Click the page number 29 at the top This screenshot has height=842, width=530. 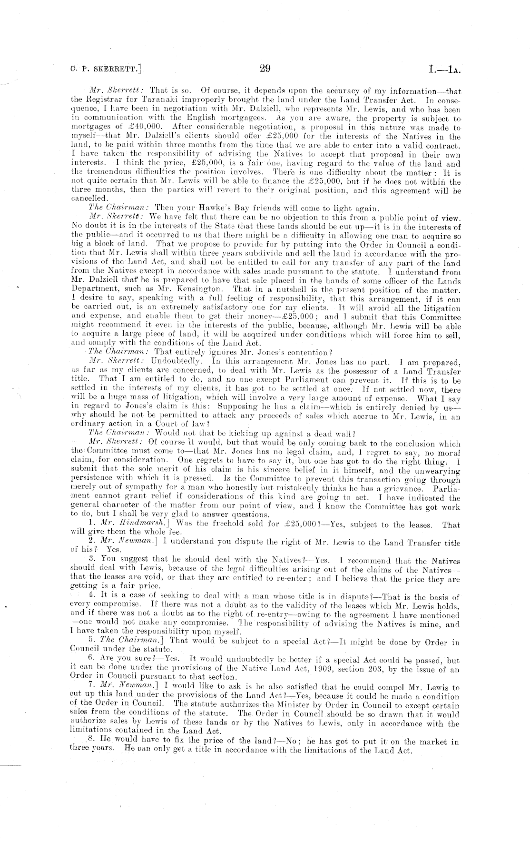265,68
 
